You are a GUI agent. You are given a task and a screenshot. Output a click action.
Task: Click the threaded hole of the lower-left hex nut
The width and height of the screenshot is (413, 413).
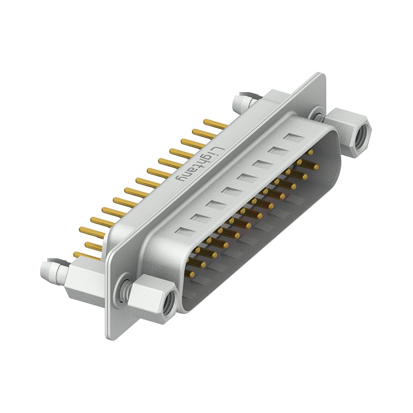(x=168, y=303)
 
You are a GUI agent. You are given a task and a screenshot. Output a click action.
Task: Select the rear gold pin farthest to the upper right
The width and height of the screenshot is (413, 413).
(x=215, y=124)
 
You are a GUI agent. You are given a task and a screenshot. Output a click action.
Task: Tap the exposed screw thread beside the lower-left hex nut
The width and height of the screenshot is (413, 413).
(x=124, y=289)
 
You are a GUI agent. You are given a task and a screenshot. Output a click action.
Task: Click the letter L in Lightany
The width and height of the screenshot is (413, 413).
(x=219, y=150)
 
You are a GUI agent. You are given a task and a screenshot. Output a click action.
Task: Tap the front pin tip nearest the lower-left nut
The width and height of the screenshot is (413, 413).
(x=192, y=276)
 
